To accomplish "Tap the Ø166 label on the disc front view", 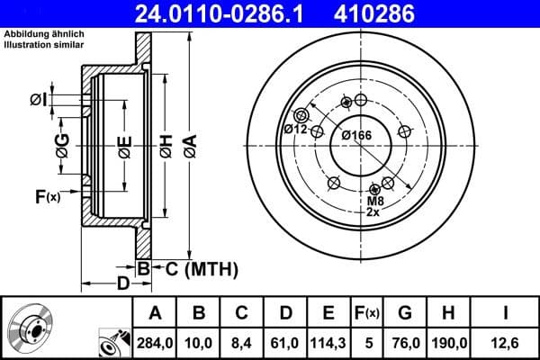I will coord(356,135).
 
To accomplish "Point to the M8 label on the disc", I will coord(375,201).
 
